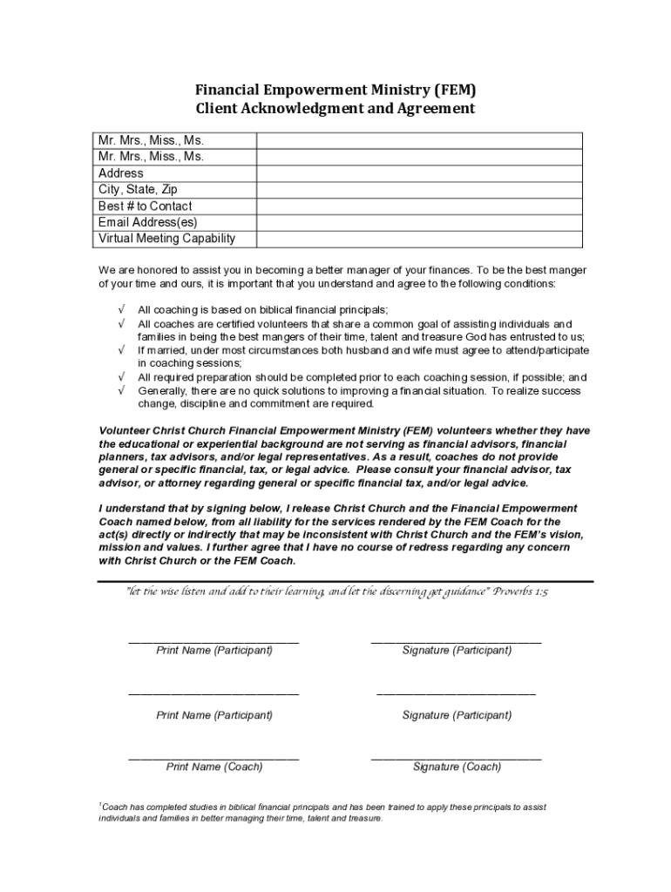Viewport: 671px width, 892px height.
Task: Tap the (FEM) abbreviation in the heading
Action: coord(454,90)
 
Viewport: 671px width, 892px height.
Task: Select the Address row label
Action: coord(121,173)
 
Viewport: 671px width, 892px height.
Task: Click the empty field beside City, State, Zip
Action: coord(419,190)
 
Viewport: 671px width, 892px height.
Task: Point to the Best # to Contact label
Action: coord(146,206)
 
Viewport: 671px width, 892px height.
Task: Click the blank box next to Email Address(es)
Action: coord(419,223)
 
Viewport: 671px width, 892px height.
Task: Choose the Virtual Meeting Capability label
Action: coord(166,239)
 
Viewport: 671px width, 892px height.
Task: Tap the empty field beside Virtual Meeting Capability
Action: coord(419,239)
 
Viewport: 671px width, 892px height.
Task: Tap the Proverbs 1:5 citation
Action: coord(520,591)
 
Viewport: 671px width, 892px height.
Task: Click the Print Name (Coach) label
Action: coord(214,767)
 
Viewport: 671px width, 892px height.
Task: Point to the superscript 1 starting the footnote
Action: coord(101,805)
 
